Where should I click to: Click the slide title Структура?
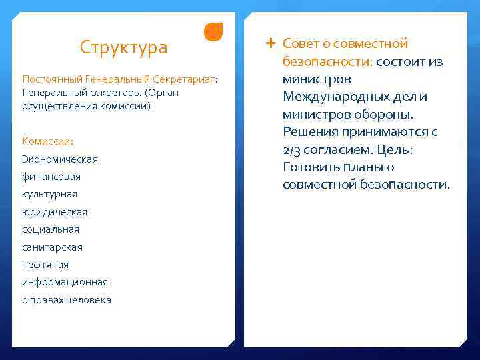coord(123,48)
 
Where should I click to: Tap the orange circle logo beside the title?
coord(213,32)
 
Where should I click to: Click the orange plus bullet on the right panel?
coord(270,43)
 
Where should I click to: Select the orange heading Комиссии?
coord(48,141)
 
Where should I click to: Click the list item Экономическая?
coord(60,159)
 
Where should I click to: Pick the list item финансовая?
coord(51,177)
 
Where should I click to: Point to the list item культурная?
coord(50,194)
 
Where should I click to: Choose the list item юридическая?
coord(55,212)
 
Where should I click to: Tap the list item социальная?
coord(51,229)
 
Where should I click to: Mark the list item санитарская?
coord(53,247)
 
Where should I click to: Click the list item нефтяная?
coord(45,265)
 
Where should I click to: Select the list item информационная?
coord(65,282)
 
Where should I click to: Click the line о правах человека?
coord(67,300)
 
